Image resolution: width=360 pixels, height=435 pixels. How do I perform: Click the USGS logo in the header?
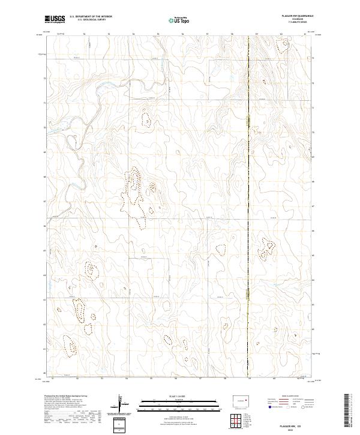click(55, 20)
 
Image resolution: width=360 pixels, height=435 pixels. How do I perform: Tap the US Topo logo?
click(179, 20)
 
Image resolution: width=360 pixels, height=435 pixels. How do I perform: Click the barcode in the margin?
click(347, 411)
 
